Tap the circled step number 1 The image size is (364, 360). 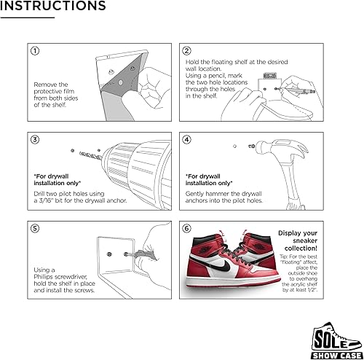[x=34, y=51]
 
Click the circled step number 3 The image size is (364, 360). [x=34, y=138]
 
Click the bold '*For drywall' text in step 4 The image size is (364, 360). [x=208, y=176]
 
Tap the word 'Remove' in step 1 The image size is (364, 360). [x=46, y=85]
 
